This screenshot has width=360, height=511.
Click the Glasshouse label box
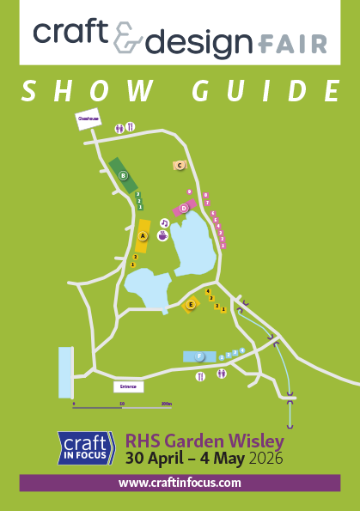point(89,120)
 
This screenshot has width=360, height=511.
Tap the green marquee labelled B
point(124,175)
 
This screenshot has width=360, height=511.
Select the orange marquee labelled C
point(180,165)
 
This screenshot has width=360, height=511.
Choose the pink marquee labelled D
point(183,208)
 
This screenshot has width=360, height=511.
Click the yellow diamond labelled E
point(191,304)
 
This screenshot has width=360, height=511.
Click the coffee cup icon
point(162,234)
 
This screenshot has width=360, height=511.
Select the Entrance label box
point(129,387)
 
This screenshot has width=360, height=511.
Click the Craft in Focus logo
point(86,447)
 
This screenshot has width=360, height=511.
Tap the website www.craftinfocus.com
point(180,484)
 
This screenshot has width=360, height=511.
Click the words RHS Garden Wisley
point(204,441)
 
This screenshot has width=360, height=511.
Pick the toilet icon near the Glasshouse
point(119,127)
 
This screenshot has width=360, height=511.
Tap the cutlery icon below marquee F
point(201,375)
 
